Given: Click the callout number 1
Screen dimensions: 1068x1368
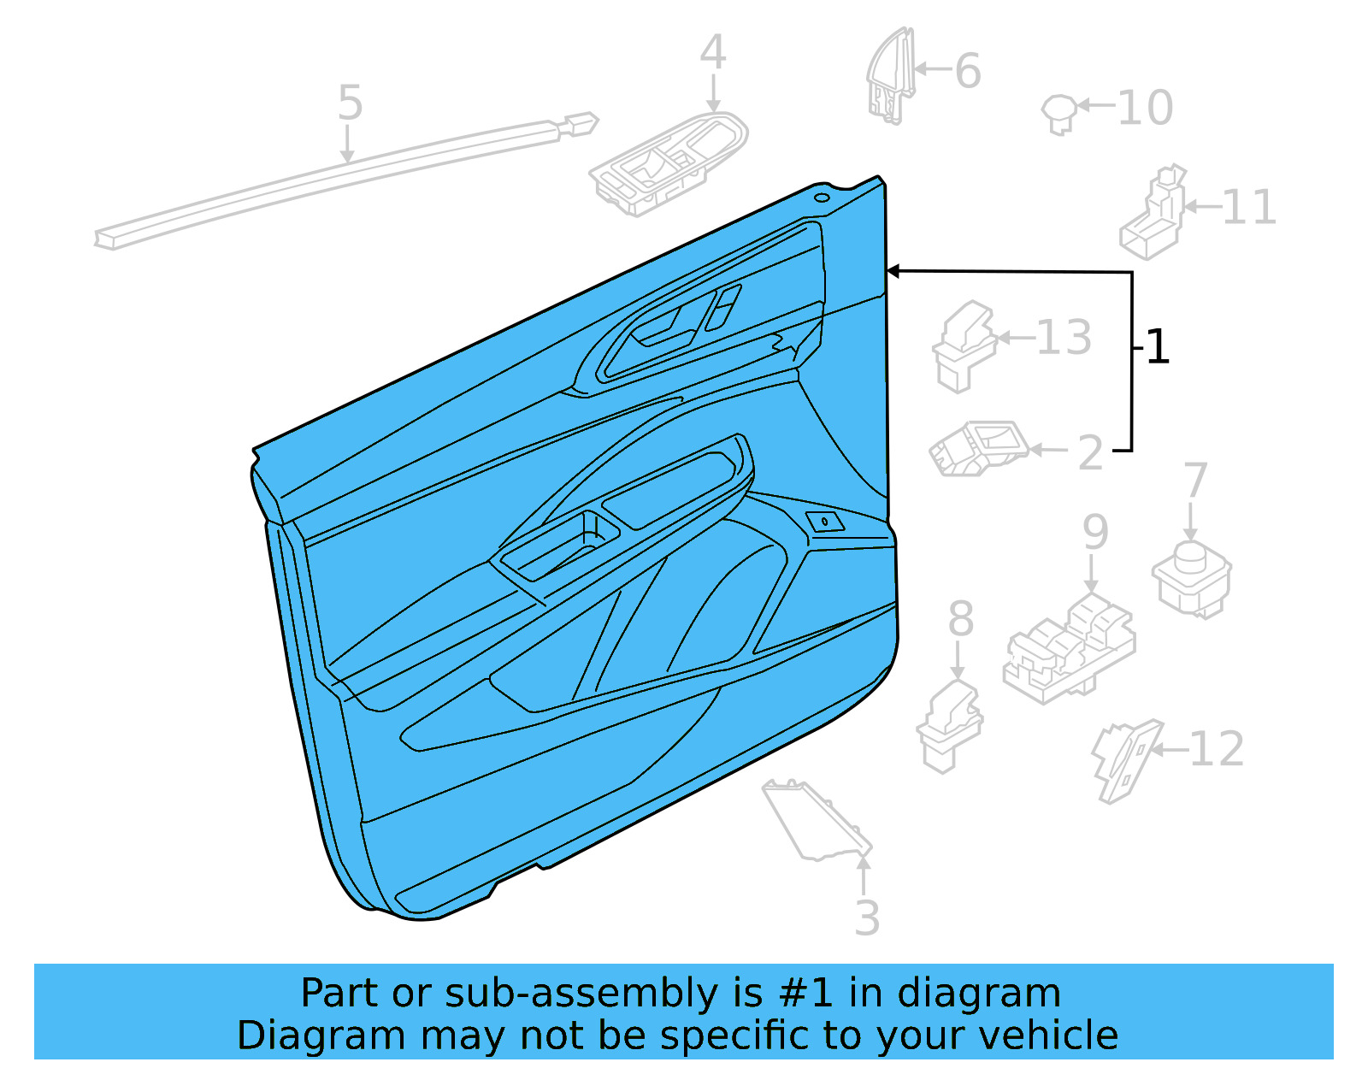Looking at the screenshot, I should point(1157,348).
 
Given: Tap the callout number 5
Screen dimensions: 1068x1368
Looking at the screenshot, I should point(350,103).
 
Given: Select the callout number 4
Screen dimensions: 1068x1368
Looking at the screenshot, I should point(713,53).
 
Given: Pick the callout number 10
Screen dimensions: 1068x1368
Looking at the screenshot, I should point(1145,109).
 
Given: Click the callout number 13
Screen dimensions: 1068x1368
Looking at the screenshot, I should point(1064,338).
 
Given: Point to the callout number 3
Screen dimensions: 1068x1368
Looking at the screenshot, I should point(866,918).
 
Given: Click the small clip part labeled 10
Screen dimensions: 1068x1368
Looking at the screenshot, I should point(1058,113).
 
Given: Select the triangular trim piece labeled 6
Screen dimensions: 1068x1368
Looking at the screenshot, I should point(890,77).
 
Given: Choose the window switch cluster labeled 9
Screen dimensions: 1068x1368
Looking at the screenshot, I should point(1069,648).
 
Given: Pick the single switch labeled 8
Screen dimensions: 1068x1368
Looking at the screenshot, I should point(949,726).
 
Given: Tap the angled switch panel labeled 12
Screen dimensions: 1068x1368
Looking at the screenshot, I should point(1124,759).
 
